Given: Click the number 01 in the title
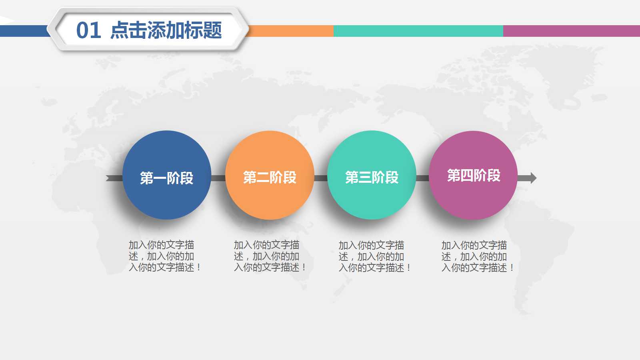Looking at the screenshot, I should tap(88, 30).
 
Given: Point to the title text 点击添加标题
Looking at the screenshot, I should tap(166, 30).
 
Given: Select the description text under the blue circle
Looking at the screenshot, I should tap(164, 256).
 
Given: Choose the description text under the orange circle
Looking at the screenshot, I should tap(270, 256).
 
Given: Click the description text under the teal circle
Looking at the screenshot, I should tap(374, 256).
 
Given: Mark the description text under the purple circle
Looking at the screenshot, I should tap(477, 256).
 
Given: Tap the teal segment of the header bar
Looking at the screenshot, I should tap(418, 31).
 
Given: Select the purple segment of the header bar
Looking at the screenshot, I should tap(571, 31).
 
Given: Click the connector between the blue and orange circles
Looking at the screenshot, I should tap(218, 178).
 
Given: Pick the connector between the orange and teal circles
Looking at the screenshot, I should tap(321, 178).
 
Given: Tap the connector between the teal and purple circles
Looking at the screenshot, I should tap(422, 178).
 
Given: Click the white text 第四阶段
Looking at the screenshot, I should tap(474, 175).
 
